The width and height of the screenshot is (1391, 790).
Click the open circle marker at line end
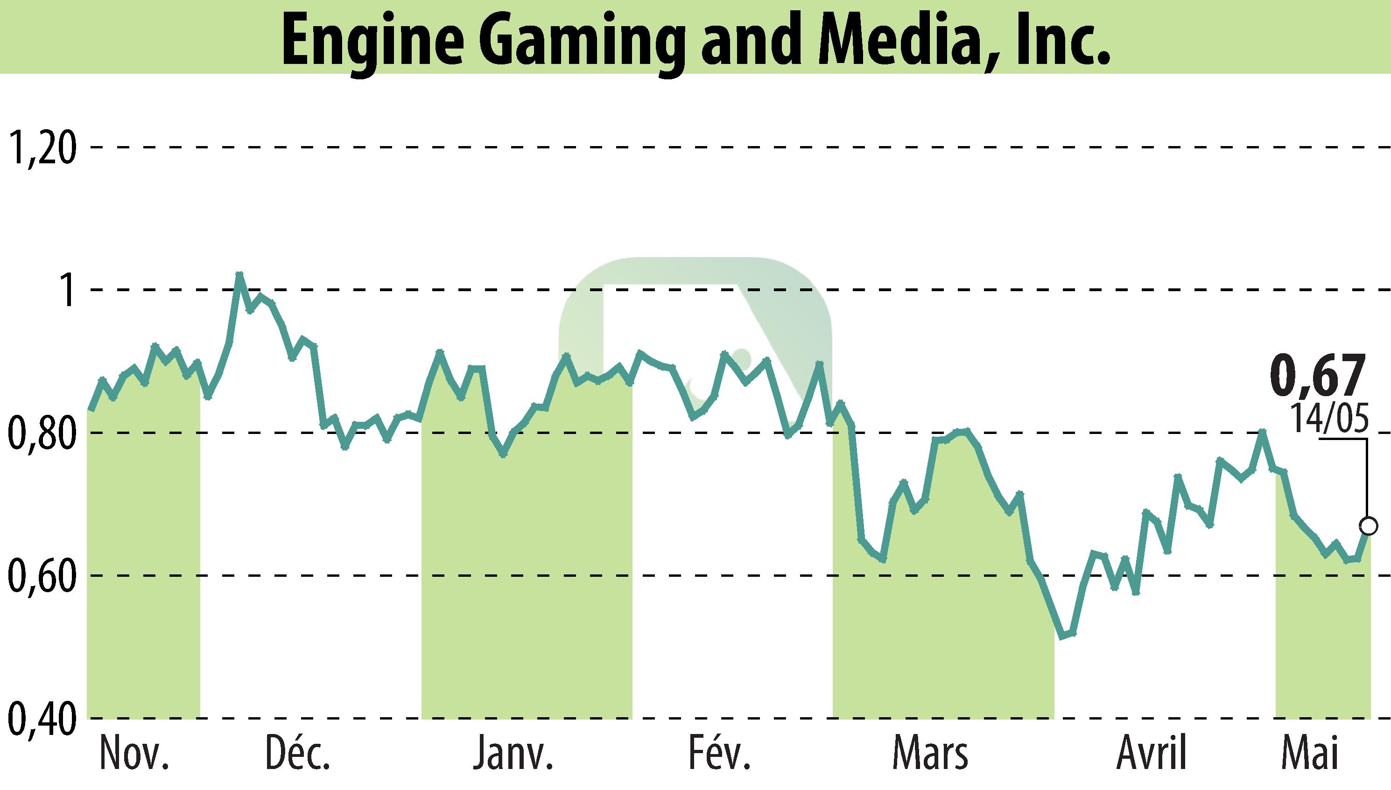pos(1368,526)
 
